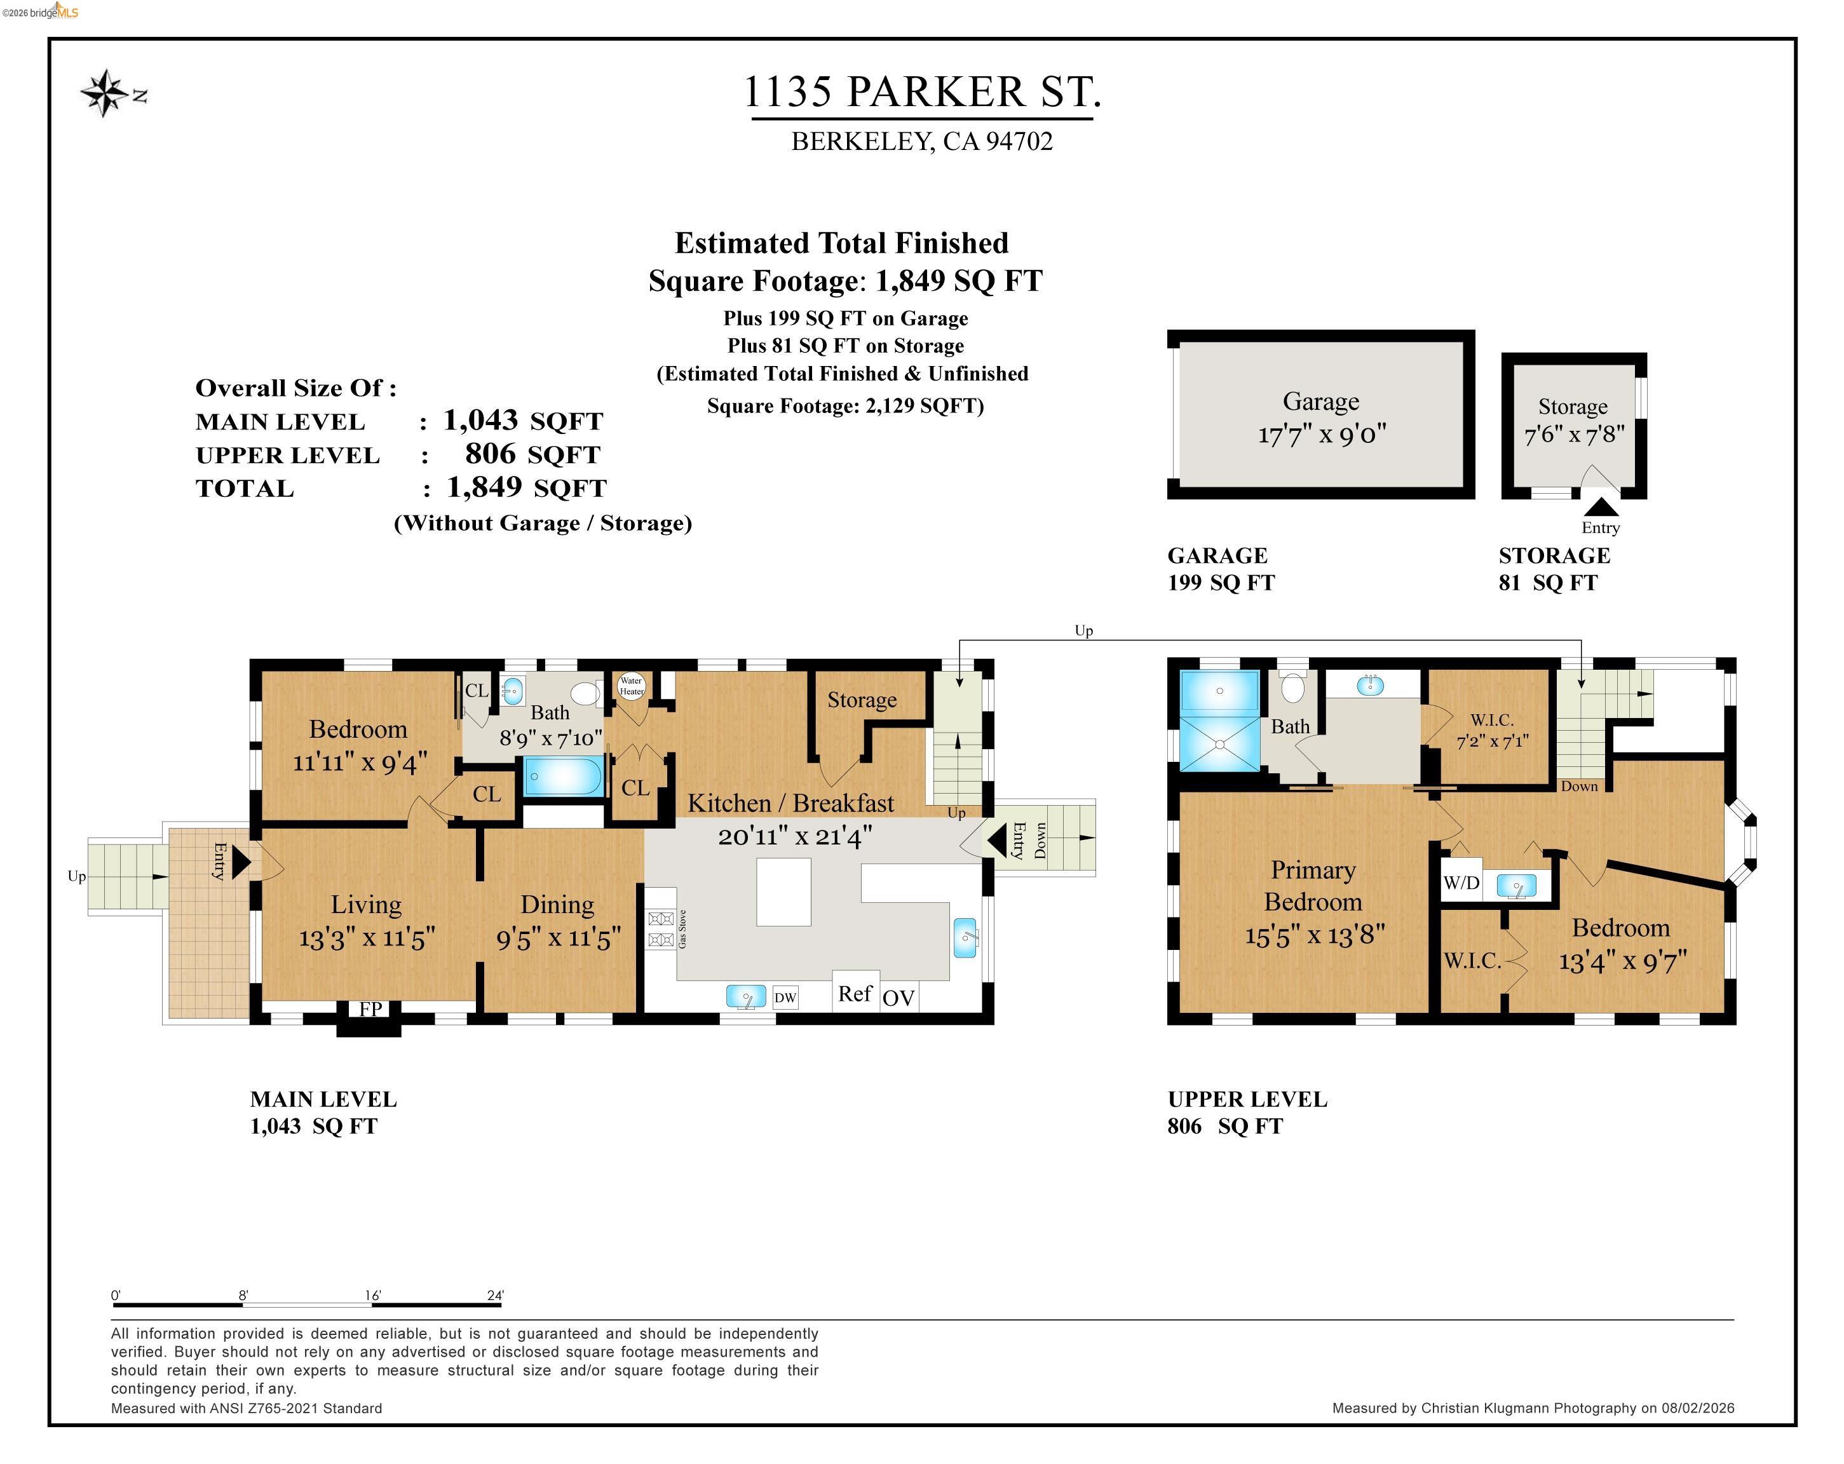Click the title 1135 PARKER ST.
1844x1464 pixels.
click(x=921, y=91)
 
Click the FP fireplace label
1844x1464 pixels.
click(x=370, y=1009)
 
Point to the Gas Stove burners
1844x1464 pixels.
click(x=660, y=930)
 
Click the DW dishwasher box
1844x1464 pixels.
click(x=785, y=997)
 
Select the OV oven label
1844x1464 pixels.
click(x=898, y=998)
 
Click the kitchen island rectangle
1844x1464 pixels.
click(x=783, y=892)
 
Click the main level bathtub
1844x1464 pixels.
click(x=563, y=776)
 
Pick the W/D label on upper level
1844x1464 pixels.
click(x=1461, y=883)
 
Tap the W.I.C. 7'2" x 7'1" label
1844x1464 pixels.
click(x=1493, y=731)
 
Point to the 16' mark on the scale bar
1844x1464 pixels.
click(x=372, y=1296)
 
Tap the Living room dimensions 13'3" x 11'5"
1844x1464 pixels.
click(x=367, y=938)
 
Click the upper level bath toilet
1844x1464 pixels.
click(x=1292, y=687)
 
